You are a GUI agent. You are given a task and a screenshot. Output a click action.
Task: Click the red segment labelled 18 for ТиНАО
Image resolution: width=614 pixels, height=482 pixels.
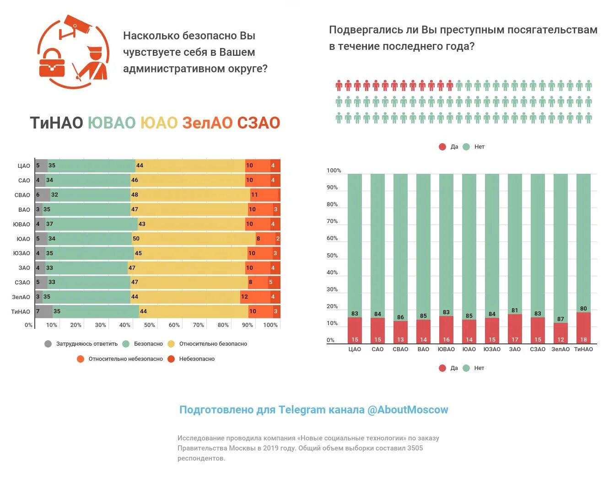[x=583, y=328]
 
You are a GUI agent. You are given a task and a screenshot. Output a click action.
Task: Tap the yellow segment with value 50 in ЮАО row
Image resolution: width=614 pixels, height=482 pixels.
[x=194, y=239]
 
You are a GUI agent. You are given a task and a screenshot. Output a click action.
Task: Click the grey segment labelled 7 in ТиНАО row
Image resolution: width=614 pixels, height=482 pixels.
[x=44, y=311]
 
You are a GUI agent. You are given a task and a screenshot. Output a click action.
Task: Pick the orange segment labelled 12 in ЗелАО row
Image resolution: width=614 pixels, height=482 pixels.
[x=255, y=297]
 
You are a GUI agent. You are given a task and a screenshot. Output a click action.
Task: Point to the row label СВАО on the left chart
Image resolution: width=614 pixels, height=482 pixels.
[x=22, y=195]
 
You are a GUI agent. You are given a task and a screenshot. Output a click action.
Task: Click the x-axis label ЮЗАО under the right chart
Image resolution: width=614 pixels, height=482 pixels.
[x=492, y=349]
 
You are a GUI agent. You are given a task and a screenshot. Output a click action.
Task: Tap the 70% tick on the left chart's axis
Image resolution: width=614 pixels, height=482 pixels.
[x=198, y=325]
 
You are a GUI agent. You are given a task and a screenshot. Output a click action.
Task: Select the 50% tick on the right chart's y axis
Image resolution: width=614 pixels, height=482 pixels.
[x=332, y=256]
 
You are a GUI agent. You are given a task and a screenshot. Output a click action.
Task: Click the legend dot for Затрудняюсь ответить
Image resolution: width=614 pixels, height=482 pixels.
[x=48, y=344]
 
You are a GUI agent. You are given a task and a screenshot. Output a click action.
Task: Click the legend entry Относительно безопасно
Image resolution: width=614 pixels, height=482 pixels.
[x=213, y=344]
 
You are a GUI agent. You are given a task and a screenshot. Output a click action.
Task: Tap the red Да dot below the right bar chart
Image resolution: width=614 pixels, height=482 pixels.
[x=442, y=368]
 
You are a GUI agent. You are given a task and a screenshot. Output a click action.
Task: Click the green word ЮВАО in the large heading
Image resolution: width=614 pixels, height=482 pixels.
[x=112, y=123]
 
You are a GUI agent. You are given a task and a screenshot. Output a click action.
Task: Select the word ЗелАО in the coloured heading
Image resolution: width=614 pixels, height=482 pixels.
[x=207, y=123]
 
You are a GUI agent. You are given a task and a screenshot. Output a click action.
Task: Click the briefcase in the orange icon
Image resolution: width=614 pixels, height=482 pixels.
[x=52, y=64]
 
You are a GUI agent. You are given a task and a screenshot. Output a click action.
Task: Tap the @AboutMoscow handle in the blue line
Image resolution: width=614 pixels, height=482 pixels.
[x=407, y=410]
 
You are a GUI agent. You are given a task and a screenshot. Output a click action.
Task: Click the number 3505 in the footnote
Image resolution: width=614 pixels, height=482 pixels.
[x=415, y=448]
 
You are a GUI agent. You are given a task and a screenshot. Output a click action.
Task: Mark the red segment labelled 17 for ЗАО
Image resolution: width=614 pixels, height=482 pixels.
[x=515, y=328]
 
